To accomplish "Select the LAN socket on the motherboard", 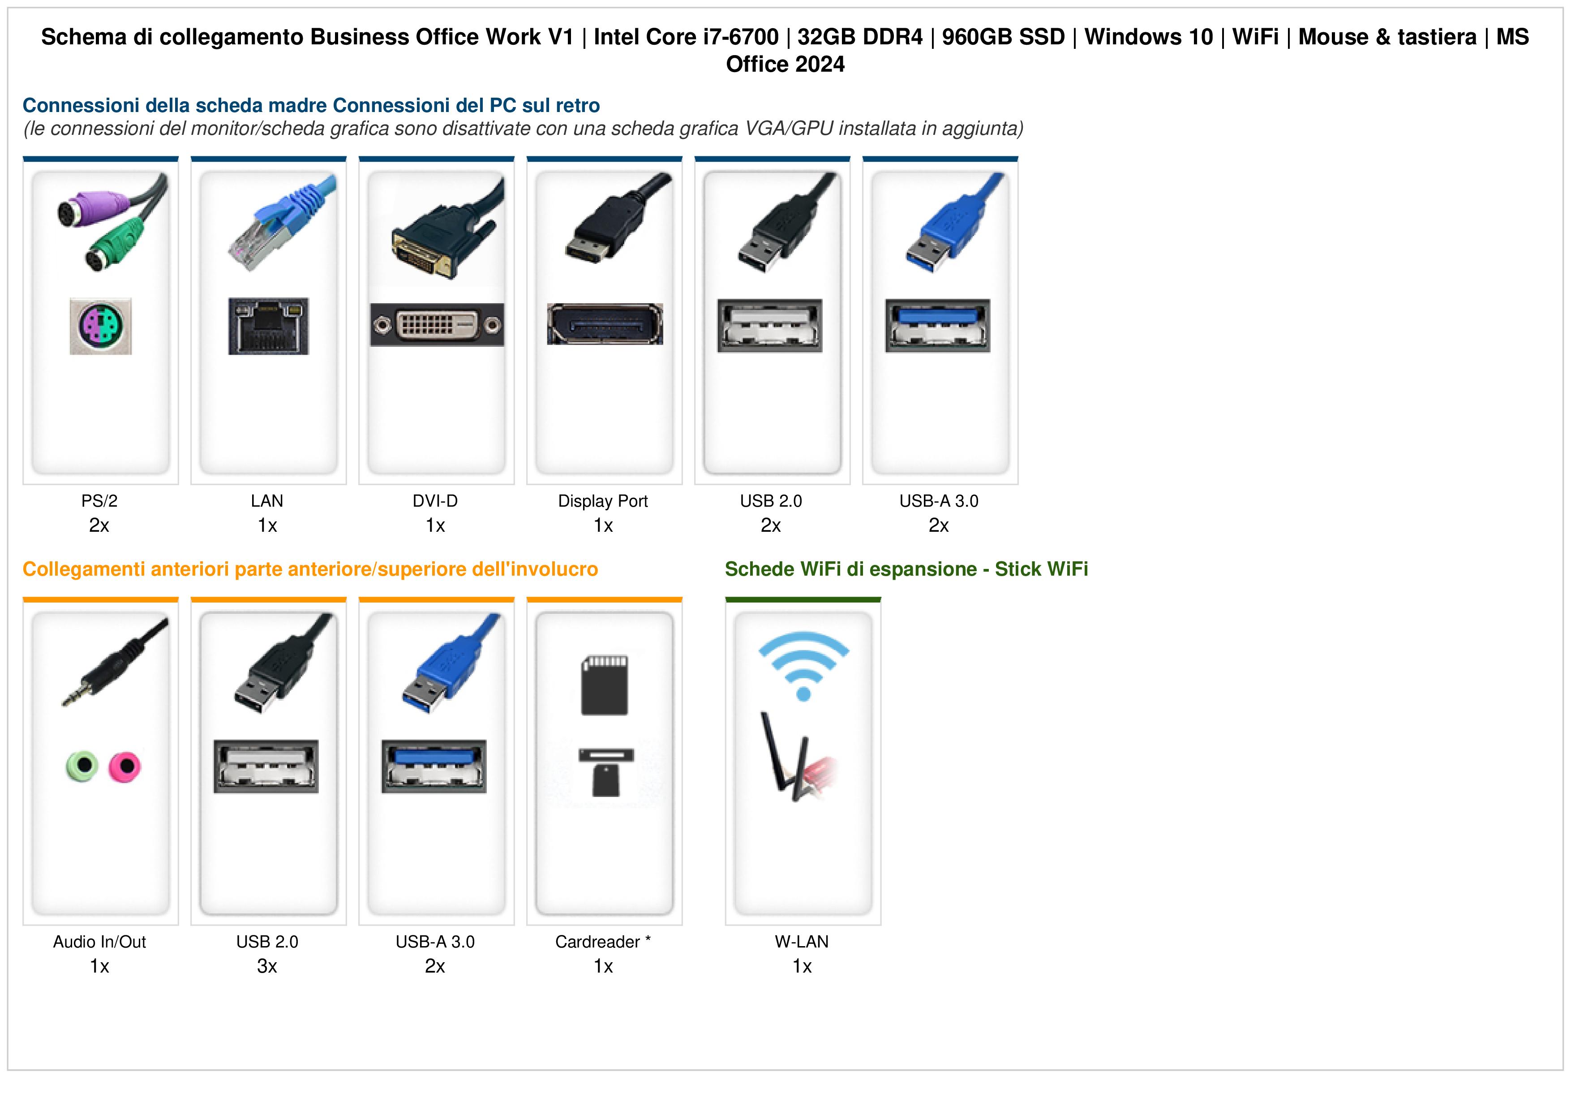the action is (x=268, y=326).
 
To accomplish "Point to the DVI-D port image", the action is (x=437, y=324).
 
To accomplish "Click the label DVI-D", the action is (x=435, y=501).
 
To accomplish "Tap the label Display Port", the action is (x=603, y=501).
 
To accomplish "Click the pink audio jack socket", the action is (x=124, y=767).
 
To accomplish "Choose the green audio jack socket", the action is (x=82, y=767).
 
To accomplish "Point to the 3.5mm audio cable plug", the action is (x=115, y=661).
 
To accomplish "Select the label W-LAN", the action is (x=802, y=942).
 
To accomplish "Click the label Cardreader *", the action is (x=603, y=942).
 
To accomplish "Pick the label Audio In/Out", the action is (x=100, y=942).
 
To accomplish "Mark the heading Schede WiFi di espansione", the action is (x=850, y=569).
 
